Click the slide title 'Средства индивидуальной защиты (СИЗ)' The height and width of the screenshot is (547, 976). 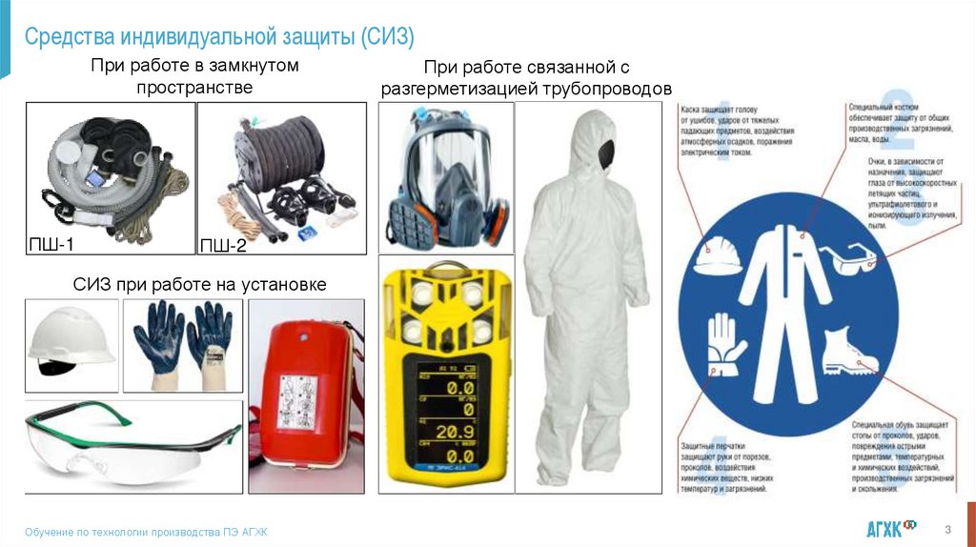click(219, 37)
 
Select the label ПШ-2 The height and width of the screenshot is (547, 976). click(223, 246)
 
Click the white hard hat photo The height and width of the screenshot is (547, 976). click(71, 343)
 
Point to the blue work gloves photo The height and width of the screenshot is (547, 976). click(182, 343)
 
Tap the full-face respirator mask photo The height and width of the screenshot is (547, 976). click(444, 178)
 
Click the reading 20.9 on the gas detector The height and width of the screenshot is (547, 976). click(447, 431)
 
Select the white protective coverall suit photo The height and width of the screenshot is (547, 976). click(587, 295)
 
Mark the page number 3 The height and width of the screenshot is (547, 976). click(947, 529)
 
